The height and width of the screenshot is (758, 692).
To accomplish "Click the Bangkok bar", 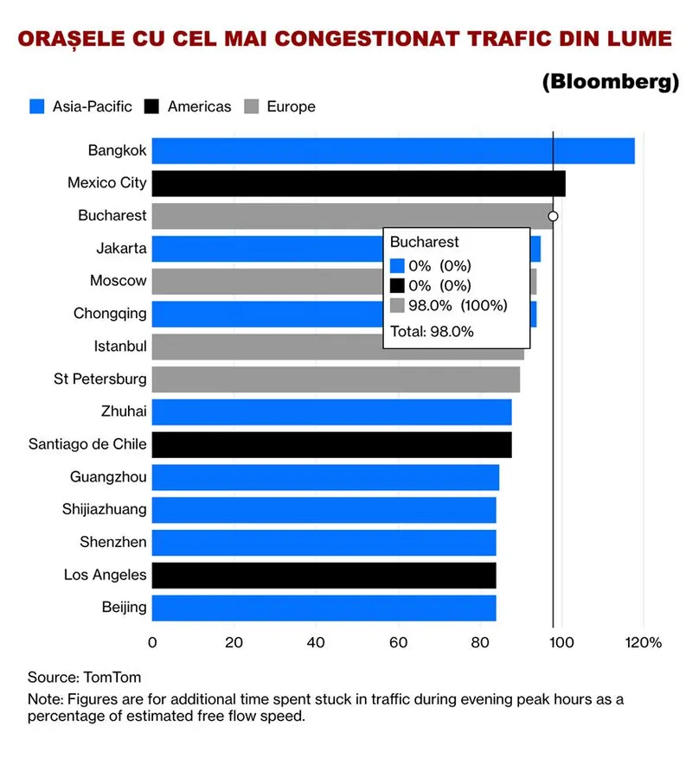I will pos(393,151).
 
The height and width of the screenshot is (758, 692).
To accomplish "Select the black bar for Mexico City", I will pos(358,183).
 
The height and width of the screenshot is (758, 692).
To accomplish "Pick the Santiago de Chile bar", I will pos(331,445).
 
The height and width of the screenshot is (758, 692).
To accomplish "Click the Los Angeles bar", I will pos(324,575).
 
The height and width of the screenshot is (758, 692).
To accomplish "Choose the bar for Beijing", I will pos(324,608).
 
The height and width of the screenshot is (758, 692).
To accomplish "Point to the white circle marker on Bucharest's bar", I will pos(553,216).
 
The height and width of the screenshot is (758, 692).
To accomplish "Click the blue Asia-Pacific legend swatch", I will pos(35,106).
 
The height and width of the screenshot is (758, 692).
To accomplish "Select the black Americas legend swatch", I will pos(151,106).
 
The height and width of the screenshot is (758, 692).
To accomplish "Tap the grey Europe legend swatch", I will pos(251,106).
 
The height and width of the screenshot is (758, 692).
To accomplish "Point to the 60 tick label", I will pos(398,642).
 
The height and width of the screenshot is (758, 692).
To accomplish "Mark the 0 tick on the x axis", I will pos(152,642).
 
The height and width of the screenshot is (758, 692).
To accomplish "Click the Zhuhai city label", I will pos(123,411).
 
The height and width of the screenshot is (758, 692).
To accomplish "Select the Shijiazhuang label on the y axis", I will pos(104,509).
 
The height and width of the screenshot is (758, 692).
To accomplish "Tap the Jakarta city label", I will pos(121,249).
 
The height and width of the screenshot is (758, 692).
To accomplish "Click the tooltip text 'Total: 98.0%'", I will pos(432,330).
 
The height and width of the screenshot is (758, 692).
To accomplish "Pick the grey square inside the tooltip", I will pos(397,305).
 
